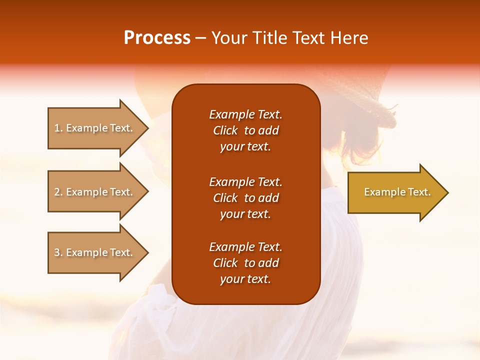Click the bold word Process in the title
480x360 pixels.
click(x=157, y=38)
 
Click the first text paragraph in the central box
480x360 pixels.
click(x=245, y=130)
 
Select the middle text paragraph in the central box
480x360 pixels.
click(x=245, y=198)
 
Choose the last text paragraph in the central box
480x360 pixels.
click(x=245, y=263)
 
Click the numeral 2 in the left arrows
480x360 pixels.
click(x=57, y=192)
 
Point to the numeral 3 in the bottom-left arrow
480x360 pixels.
click(x=57, y=252)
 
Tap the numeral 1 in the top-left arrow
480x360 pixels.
click(x=57, y=128)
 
